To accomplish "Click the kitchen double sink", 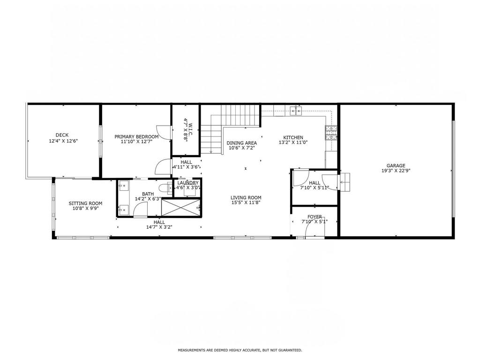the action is (x=296, y=111).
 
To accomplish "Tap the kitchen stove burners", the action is (x=331, y=133).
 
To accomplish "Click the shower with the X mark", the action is (x=180, y=208).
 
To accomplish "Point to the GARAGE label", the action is (x=396, y=165).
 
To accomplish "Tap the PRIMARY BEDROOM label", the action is (x=136, y=136).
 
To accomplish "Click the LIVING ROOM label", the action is (x=246, y=198).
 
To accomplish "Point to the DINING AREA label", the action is (x=241, y=143).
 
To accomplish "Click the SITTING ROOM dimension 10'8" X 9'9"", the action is (x=85, y=209).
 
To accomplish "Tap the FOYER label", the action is (x=315, y=217).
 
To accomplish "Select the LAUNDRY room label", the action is (x=188, y=183).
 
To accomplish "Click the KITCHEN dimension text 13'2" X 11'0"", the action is (x=293, y=142).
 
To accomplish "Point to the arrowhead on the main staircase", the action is (x=211, y=151).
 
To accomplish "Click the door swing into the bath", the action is (x=140, y=210).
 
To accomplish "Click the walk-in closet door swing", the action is (x=164, y=132).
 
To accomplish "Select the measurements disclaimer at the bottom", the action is (x=240, y=350).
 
